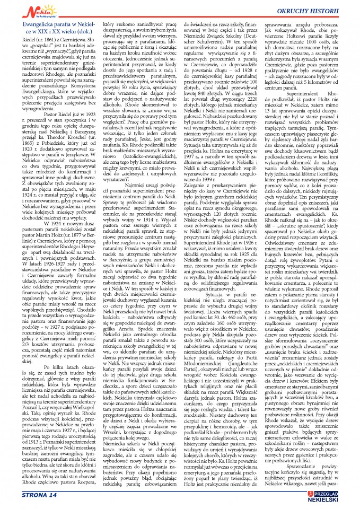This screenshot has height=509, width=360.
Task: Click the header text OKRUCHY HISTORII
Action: [314, 10]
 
